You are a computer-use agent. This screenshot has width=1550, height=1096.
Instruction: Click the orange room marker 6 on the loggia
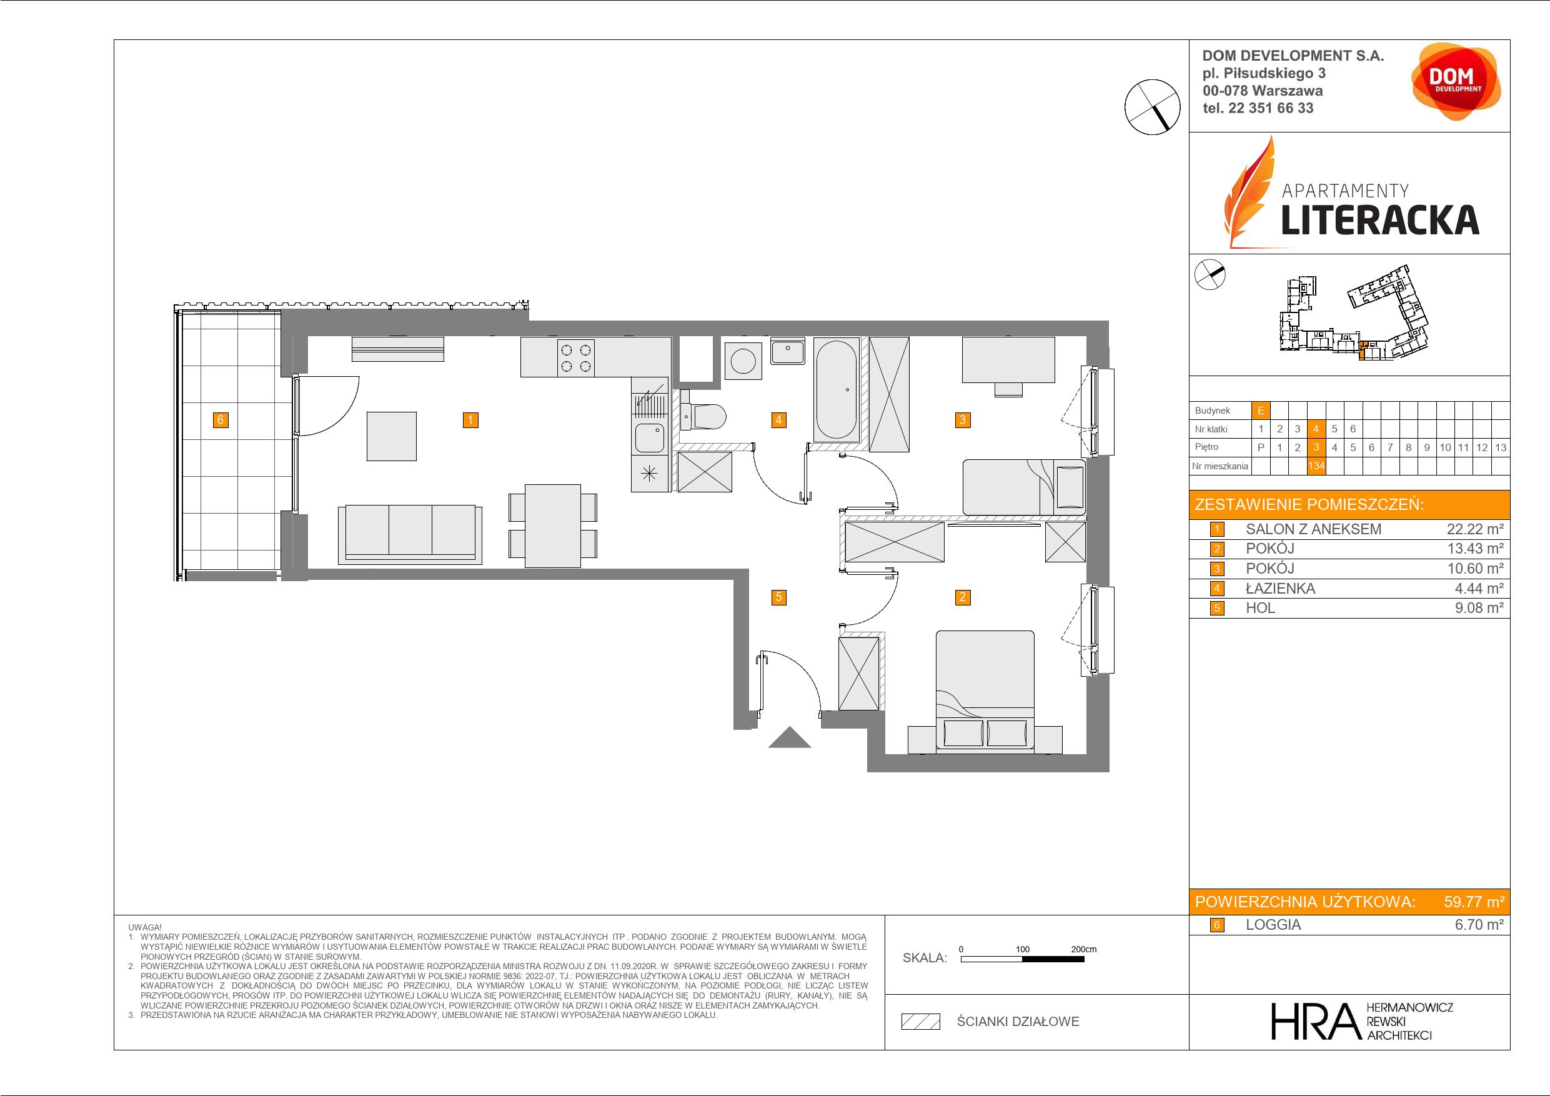220,420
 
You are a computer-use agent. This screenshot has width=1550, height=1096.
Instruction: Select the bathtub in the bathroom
837,389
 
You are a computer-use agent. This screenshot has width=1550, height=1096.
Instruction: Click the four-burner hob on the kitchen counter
577,358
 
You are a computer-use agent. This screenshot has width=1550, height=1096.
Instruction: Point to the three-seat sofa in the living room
410,534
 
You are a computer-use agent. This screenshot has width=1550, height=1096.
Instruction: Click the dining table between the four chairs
553,526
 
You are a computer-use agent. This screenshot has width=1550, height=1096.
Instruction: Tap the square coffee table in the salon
392,436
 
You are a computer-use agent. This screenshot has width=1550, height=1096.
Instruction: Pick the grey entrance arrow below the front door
789,738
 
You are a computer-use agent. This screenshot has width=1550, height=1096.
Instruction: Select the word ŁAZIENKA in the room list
1280,588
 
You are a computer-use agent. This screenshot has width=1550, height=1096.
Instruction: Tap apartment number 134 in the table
1316,466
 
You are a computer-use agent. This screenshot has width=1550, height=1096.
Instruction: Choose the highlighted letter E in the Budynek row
1260,410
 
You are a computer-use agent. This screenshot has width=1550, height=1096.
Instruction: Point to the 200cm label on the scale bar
1083,949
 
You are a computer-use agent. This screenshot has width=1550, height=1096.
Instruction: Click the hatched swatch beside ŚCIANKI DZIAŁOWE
921,1022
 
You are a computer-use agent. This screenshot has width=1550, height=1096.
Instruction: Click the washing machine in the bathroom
743,361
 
